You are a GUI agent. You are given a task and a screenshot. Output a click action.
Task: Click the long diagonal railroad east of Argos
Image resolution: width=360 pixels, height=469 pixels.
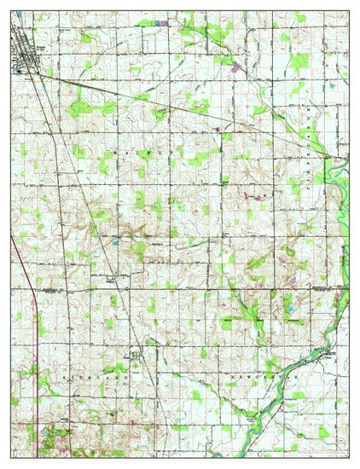171,106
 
